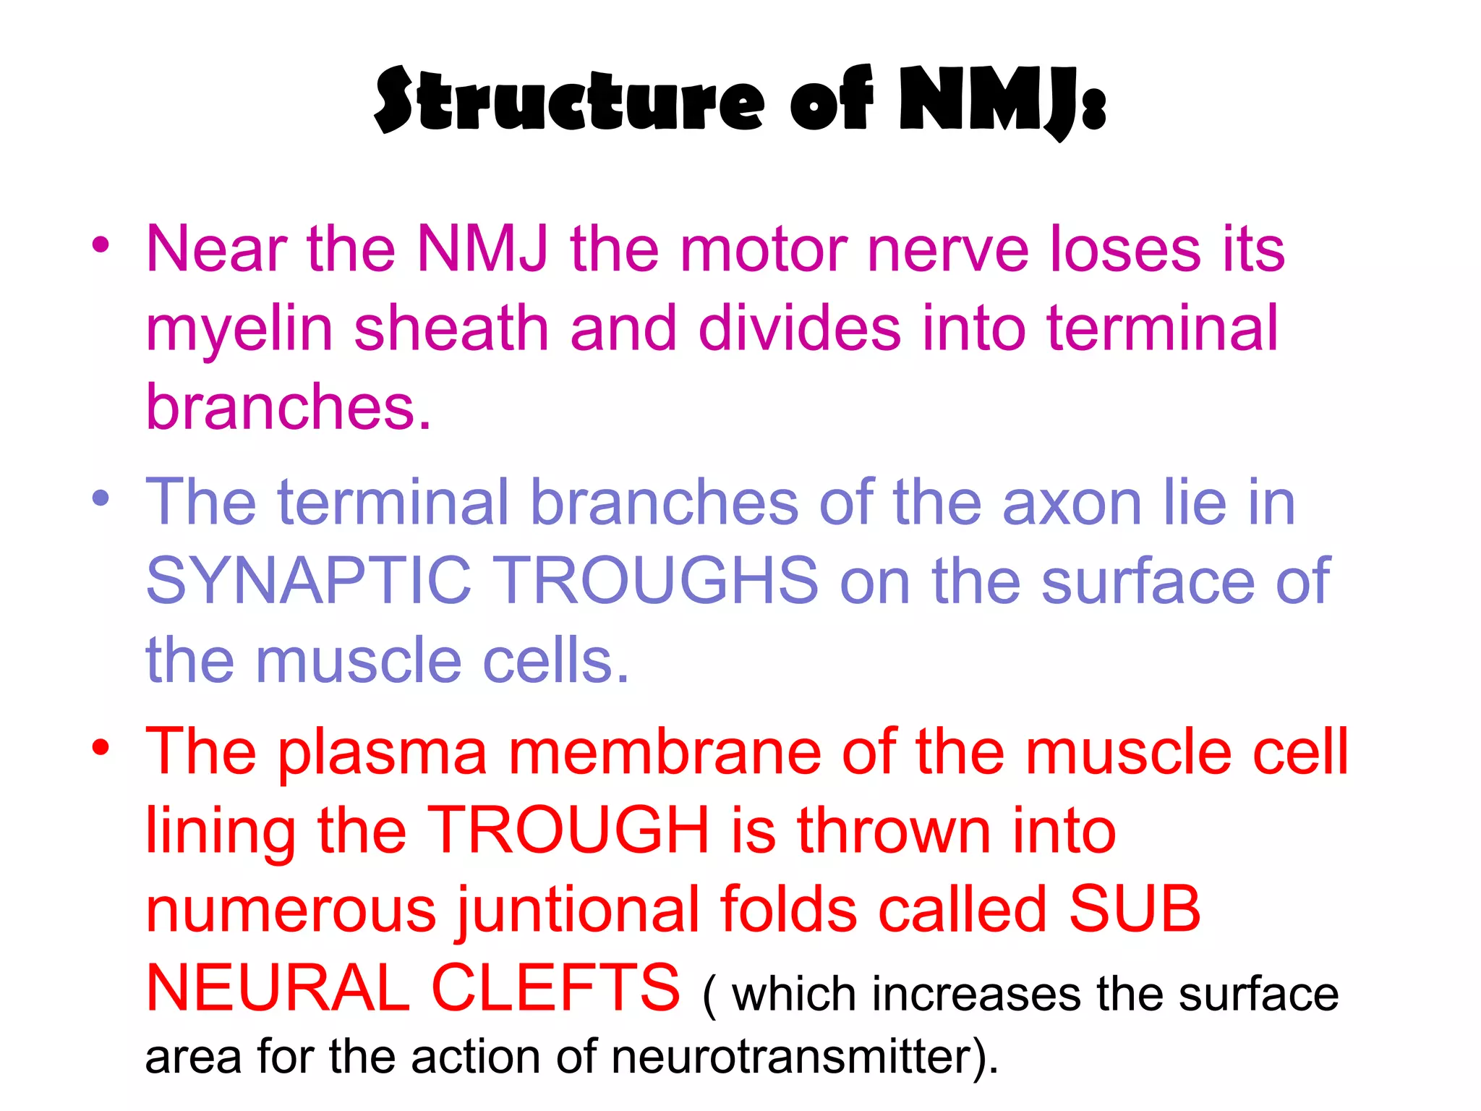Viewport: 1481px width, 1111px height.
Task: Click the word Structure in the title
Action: pyautogui.click(x=568, y=101)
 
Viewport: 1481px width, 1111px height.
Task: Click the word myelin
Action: pyautogui.click(x=239, y=329)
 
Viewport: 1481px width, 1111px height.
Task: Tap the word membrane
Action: pyautogui.click(x=665, y=752)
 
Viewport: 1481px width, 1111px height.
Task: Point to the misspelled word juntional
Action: pyautogui.click(x=578, y=911)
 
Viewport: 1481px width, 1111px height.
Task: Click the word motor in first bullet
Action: pyautogui.click(x=764, y=250)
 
